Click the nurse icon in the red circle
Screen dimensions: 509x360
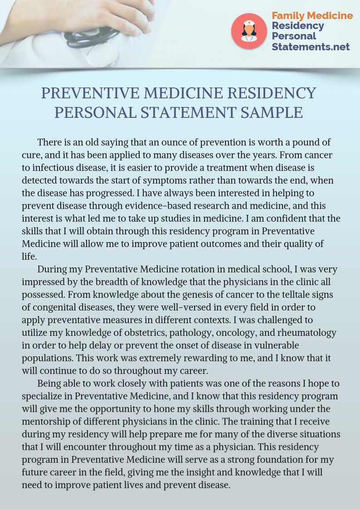pyautogui.click(x=249, y=31)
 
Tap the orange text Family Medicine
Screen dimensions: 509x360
pyautogui.click(x=312, y=15)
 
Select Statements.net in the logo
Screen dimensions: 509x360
pyautogui.click(x=311, y=47)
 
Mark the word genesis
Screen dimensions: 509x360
pyautogui.click(x=205, y=295)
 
